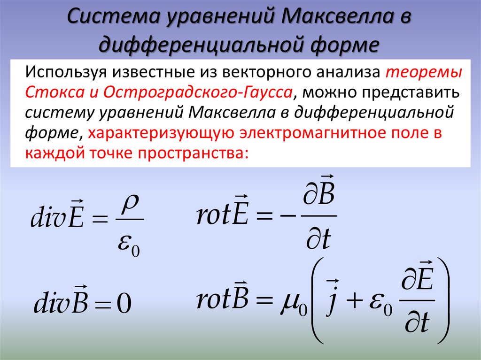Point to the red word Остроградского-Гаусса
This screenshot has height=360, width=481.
(x=197, y=92)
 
